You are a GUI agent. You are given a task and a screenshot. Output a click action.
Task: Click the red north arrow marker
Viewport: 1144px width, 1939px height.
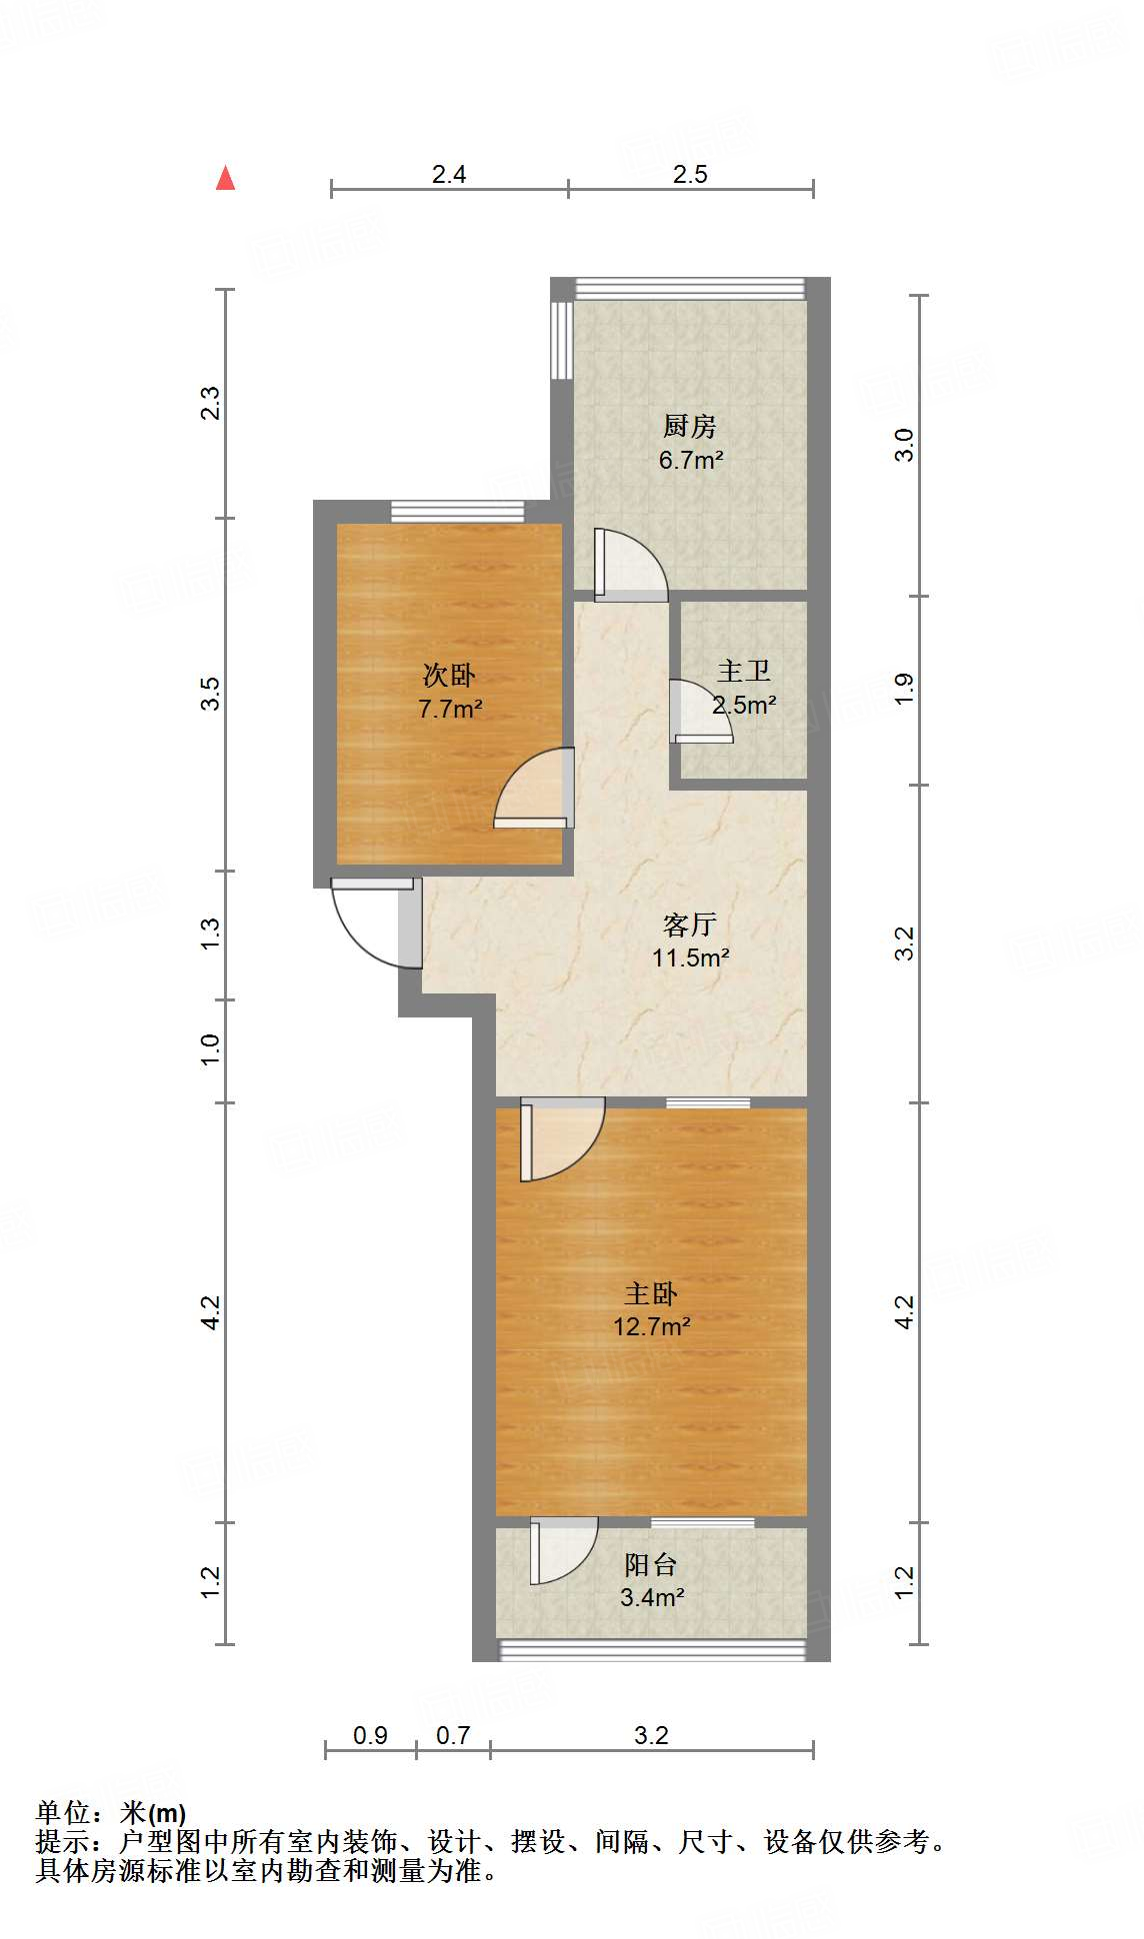pyautogui.click(x=226, y=178)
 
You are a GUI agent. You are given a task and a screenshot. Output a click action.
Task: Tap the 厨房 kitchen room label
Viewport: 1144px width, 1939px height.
pyautogui.click(x=690, y=427)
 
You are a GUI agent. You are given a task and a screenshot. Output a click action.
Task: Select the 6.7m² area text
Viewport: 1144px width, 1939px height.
pyautogui.click(x=690, y=460)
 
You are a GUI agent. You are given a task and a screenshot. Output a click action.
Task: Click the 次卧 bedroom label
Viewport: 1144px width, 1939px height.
pyautogui.click(x=449, y=676)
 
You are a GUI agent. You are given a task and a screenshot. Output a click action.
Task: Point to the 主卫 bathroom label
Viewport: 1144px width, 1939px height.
pyautogui.click(x=744, y=672)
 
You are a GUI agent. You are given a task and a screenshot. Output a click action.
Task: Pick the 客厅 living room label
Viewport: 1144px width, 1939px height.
pyautogui.click(x=690, y=925)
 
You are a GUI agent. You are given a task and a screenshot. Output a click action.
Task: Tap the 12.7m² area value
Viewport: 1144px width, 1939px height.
pyautogui.click(x=652, y=1326)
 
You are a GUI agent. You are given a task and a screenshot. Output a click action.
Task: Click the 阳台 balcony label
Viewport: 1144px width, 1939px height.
pyautogui.click(x=651, y=1564)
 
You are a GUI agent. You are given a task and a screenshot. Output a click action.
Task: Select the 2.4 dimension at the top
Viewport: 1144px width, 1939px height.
pyautogui.click(x=449, y=175)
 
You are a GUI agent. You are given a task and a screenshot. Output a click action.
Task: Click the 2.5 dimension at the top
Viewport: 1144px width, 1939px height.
pyautogui.click(x=690, y=175)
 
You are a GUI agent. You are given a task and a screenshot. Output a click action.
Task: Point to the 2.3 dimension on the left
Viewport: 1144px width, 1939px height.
pyautogui.click(x=210, y=403)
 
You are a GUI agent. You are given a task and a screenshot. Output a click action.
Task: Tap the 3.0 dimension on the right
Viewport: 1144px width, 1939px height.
pyautogui.click(x=904, y=444)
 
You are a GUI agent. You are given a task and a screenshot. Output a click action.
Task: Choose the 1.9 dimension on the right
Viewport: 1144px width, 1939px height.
pyautogui.click(x=904, y=689)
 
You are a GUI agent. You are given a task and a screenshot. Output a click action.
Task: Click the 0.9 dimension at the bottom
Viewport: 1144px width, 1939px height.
pyautogui.click(x=370, y=1735)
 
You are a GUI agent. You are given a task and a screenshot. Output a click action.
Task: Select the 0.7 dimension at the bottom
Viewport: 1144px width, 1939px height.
pyautogui.click(x=453, y=1735)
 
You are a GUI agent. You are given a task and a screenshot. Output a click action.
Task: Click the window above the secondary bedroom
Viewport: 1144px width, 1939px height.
pyautogui.click(x=457, y=511)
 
